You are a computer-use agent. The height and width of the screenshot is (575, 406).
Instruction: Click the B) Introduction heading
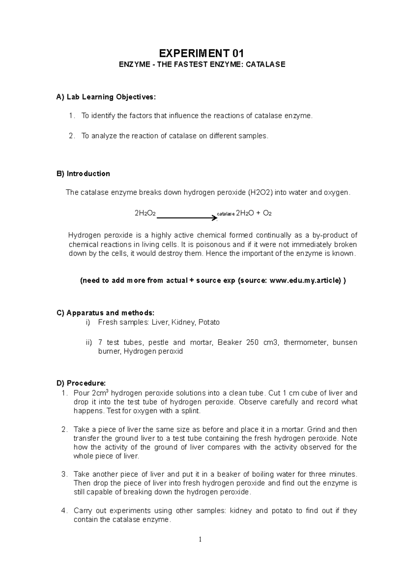tap(83, 174)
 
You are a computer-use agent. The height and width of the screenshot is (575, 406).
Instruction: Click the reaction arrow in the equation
tap(186, 218)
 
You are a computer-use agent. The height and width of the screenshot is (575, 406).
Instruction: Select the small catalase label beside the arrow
tap(225, 214)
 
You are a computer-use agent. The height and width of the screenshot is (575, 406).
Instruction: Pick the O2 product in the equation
tap(267, 213)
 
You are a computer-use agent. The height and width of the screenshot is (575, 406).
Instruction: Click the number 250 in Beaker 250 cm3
tap(252, 342)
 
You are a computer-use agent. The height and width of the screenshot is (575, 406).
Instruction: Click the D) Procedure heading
tap(81, 383)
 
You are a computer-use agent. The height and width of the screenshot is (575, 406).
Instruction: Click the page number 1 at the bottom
tap(200, 539)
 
